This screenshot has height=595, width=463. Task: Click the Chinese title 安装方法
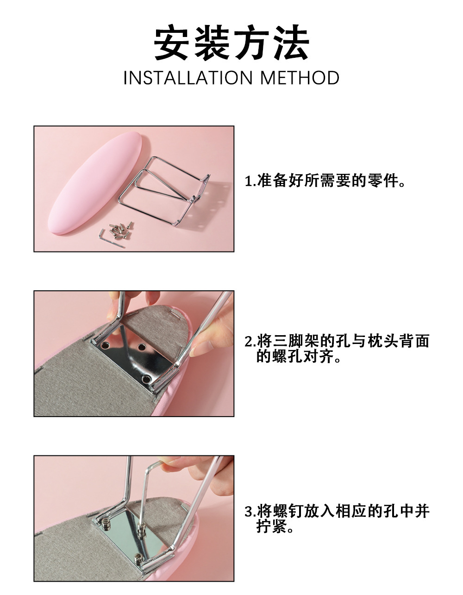point(231,43)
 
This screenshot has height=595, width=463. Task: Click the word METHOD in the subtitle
point(300,78)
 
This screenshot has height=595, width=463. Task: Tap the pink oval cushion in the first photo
point(95,183)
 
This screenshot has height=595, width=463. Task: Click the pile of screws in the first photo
point(121,230)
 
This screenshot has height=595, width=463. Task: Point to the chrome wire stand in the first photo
point(164,190)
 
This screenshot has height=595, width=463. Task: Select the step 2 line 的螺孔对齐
point(298,356)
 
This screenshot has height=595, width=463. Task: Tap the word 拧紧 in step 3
point(272,526)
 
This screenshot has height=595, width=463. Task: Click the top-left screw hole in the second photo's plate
point(105,345)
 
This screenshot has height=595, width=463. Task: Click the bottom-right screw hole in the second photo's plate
point(146,379)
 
